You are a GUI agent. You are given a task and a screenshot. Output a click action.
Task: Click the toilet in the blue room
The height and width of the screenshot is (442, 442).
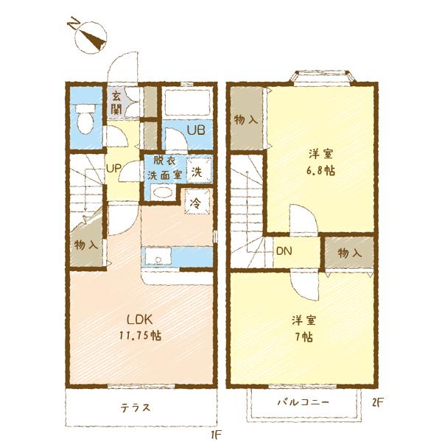click(x=85, y=119)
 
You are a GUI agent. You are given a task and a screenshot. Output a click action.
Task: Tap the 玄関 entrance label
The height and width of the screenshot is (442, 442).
click(x=116, y=103)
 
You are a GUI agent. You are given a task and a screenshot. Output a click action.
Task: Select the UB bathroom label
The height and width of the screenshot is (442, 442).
click(x=196, y=130)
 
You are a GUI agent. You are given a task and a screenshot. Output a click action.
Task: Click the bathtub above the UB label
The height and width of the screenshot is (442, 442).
click(x=187, y=102)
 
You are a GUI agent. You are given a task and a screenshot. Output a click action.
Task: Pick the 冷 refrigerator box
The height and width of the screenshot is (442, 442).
click(x=197, y=202)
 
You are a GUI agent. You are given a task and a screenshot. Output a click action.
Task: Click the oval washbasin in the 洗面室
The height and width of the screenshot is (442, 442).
click(x=162, y=192)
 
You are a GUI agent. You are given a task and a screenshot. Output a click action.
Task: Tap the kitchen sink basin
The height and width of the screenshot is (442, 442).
click(x=158, y=256)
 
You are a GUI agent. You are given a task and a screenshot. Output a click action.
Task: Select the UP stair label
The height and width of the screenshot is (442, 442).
click(x=113, y=169)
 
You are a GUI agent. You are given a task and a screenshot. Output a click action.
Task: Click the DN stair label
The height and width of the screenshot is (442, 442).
click(x=284, y=251)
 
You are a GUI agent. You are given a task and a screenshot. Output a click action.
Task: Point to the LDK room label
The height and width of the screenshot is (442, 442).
click(x=140, y=320)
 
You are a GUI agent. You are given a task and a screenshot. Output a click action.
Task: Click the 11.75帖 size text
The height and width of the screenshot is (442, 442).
click(x=140, y=335)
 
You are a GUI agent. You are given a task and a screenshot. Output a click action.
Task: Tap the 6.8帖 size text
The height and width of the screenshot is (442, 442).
click(x=321, y=170)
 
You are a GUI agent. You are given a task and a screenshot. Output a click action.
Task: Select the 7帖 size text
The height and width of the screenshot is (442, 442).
click(x=304, y=337)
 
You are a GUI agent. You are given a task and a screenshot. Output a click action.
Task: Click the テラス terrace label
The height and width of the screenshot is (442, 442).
click(x=136, y=407)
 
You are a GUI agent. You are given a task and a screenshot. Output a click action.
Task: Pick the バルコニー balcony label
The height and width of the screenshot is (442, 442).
click(x=304, y=401)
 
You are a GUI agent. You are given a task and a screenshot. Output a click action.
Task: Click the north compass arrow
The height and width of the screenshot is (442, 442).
click(x=92, y=38)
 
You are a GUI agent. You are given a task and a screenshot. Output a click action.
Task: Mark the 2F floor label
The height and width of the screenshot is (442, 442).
click(x=377, y=402)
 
